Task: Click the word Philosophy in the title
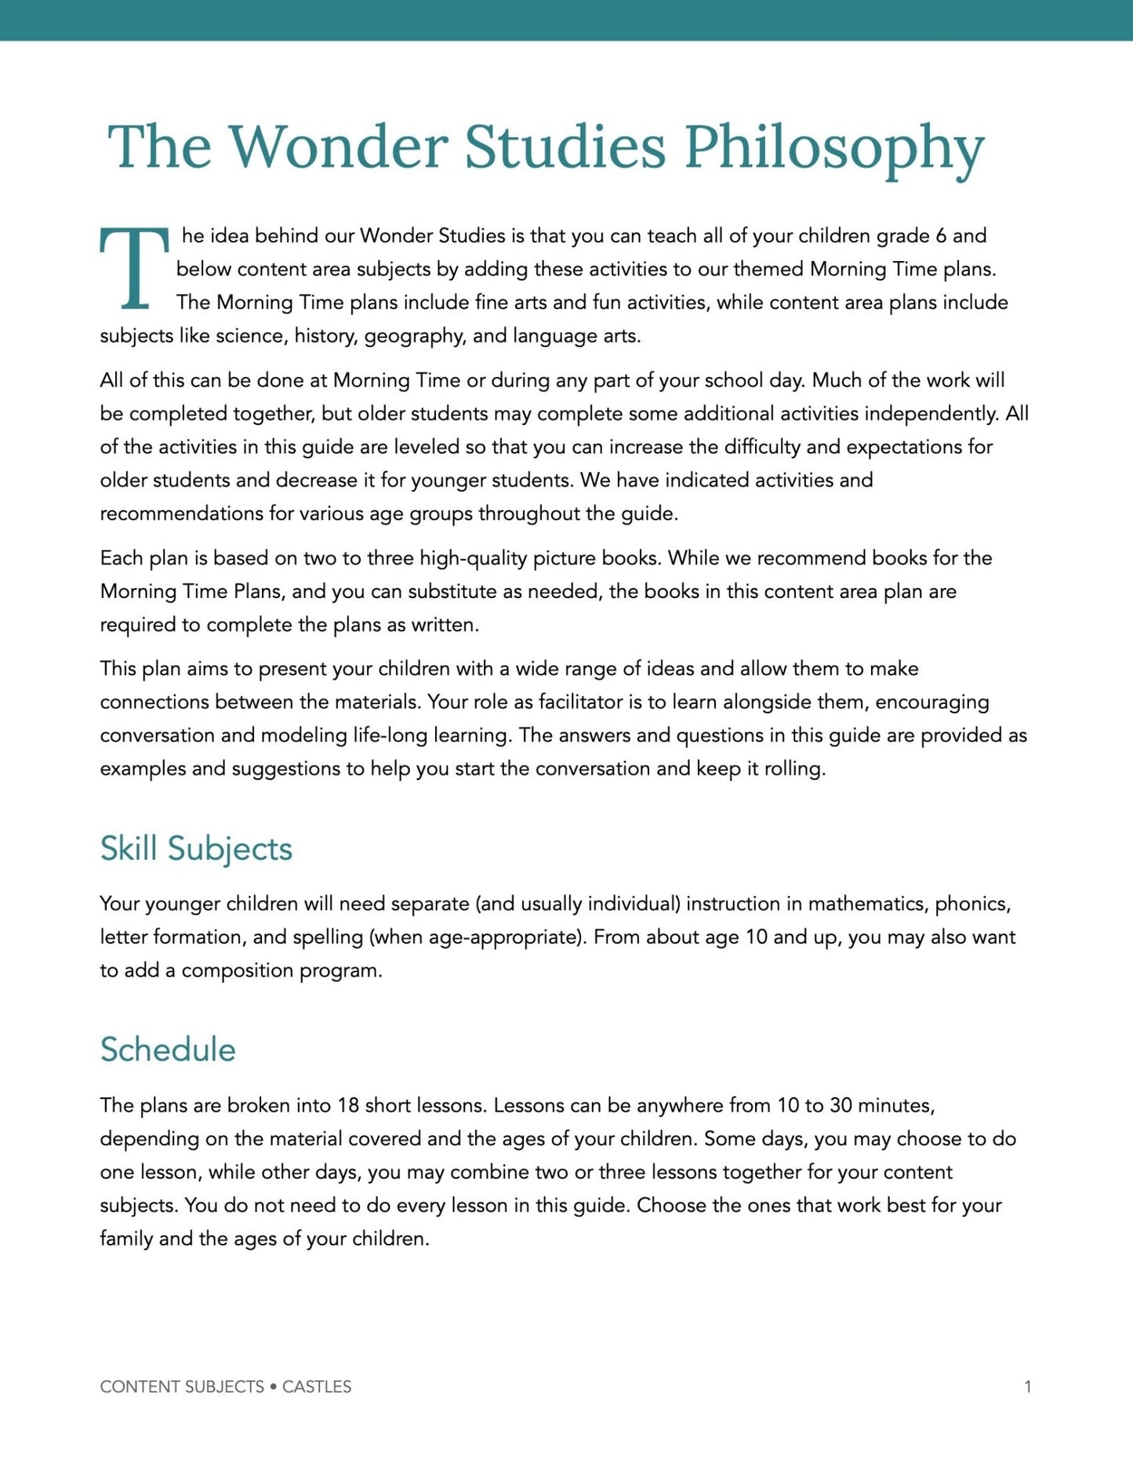[x=833, y=147]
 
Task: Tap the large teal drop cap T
[x=134, y=268]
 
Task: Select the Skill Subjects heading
[x=196, y=848]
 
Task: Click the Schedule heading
[x=168, y=1049]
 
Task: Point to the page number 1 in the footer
[x=1027, y=1387]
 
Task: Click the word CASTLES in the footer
[x=317, y=1387]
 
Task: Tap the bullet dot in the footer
[x=273, y=1387]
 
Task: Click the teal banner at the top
[x=566, y=20]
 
